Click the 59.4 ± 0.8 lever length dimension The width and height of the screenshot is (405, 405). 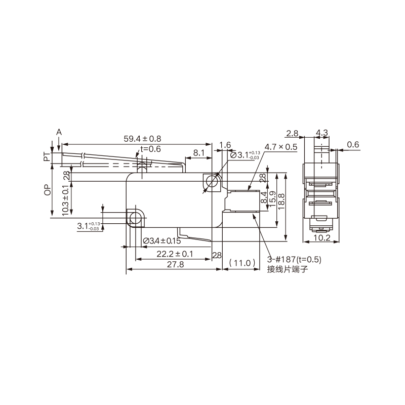coord(142,139)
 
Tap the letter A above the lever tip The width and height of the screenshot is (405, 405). coord(59,132)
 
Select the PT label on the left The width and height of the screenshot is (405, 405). coord(47,157)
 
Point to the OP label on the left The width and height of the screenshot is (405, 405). coord(48,190)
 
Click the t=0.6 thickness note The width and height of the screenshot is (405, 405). coord(150,149)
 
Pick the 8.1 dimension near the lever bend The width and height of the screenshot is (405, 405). coord(198,153)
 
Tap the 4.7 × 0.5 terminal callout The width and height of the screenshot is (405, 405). coord(281,147)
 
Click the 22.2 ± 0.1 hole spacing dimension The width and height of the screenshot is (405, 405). coord(175,254)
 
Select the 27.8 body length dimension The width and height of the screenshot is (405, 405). coord(175,264)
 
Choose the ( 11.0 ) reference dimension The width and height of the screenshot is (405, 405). coord(242,263)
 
